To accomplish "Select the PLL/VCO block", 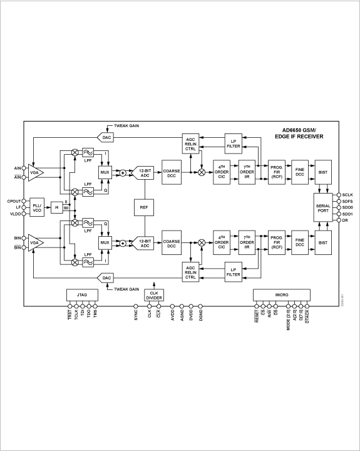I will click(x=38, y=207).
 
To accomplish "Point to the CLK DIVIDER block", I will click(x=153, y=295).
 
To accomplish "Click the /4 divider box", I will click(x=56, y=207).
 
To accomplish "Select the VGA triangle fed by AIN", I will click(x=36, y=172).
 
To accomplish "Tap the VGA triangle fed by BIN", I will click(x=36, y=242).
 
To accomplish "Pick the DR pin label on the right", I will click(x=346, y=220).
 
